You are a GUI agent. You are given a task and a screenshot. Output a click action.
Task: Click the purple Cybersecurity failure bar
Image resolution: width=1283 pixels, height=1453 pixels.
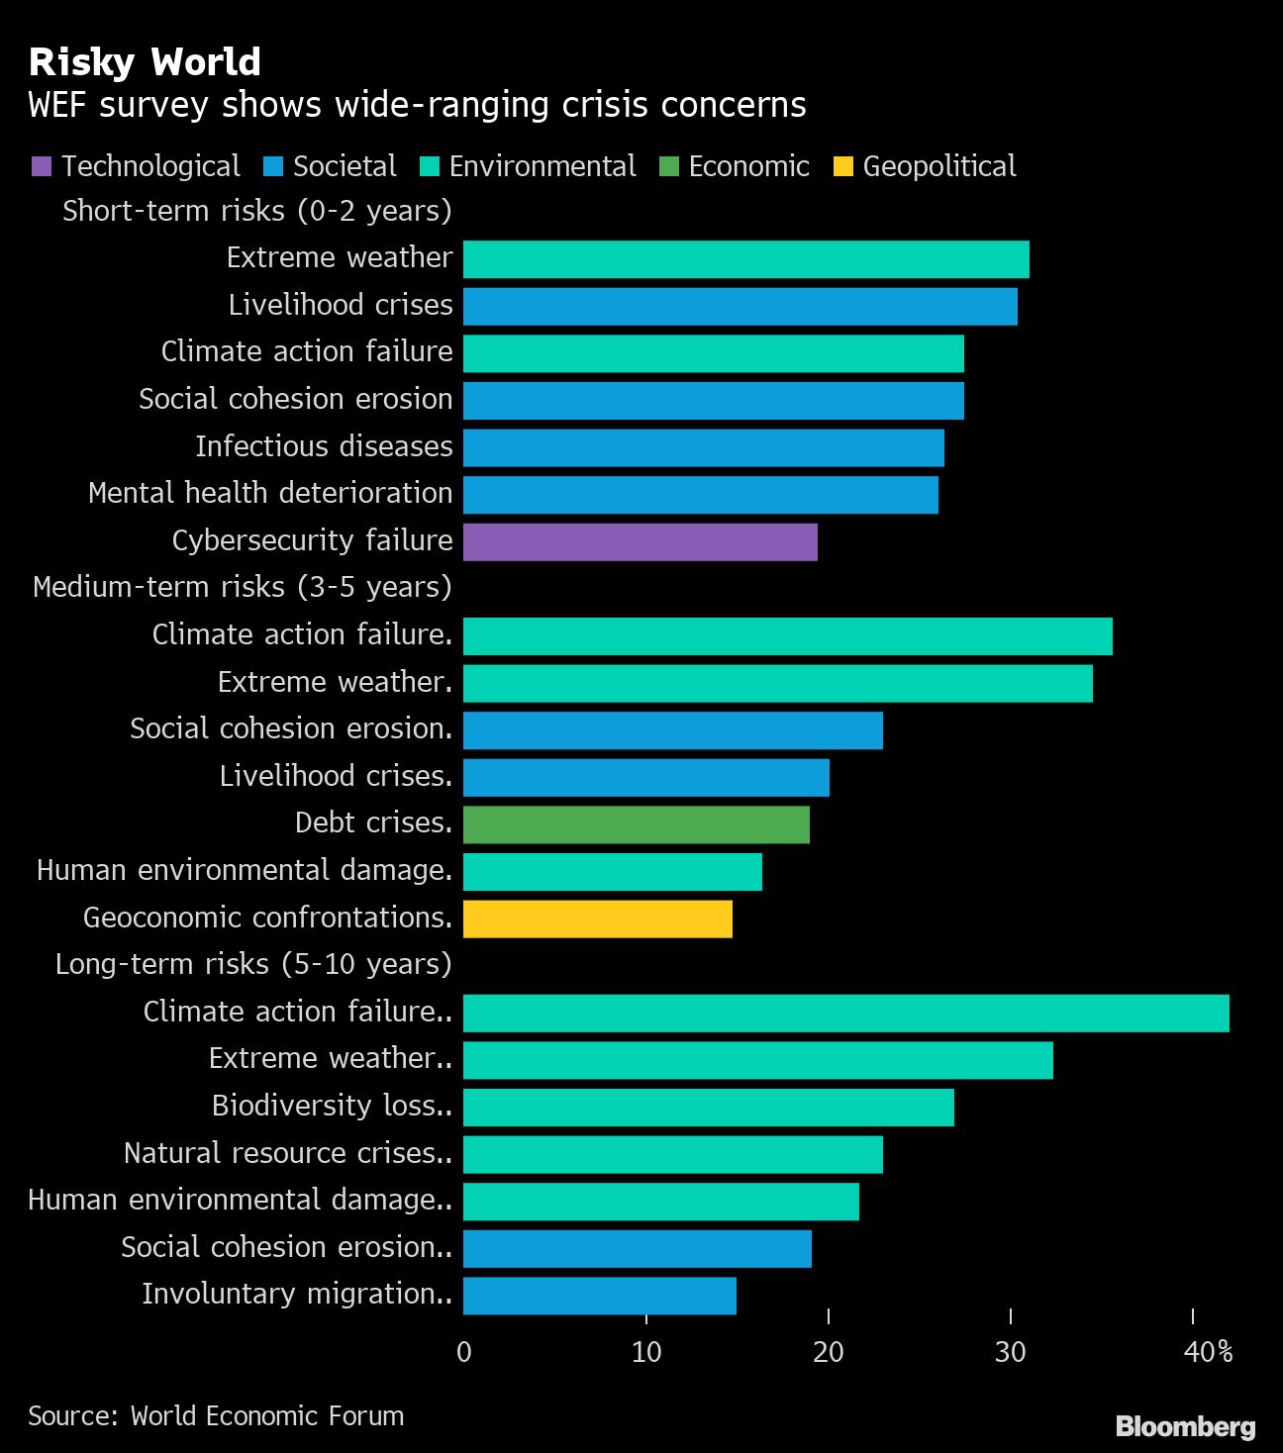pos(640,541)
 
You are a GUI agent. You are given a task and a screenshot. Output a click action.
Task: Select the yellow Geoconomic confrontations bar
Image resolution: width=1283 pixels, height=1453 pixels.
pos(597,919)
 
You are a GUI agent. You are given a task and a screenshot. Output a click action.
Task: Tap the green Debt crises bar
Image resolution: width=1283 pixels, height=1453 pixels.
pos(636,824)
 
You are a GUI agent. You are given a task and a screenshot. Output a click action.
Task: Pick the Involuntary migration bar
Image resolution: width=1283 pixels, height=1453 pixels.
pos(599,1296)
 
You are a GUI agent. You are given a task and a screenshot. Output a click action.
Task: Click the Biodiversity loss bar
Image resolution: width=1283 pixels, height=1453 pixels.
pos(708,1108)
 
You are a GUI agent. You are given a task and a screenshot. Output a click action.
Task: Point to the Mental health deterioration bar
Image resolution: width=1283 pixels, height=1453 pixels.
pos(700,495)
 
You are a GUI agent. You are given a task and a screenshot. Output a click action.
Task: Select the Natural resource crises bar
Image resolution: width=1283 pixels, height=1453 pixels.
pos(672,1154)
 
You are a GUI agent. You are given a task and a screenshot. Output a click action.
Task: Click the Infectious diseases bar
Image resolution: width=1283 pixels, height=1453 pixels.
pos(703,447)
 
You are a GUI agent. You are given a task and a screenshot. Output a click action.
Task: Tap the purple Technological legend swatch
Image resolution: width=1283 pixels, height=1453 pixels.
pos(42,166)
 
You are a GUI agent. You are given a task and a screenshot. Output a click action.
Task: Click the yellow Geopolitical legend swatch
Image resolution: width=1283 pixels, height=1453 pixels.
pos(843,166)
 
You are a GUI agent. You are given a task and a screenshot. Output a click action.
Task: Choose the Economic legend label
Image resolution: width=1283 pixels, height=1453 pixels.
pos(748,166)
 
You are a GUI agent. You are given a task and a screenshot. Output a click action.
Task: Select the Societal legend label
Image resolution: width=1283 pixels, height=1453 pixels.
pos(345,166)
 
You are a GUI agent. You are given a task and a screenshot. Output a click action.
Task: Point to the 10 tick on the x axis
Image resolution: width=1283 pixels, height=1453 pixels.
pos(646,1351)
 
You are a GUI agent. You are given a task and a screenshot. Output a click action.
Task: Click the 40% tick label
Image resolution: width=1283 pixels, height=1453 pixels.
pos(1208,1351)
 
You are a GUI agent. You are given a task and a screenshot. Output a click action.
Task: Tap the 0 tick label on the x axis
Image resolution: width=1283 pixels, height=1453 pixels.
pos(464,1351)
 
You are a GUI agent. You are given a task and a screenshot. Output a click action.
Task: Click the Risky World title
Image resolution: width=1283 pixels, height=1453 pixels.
pos(145,62)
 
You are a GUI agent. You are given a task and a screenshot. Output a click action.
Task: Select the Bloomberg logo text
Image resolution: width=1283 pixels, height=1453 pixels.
pos(1185,1426)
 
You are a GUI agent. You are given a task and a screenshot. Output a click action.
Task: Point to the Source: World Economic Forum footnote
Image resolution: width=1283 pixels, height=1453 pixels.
pos(216,1416)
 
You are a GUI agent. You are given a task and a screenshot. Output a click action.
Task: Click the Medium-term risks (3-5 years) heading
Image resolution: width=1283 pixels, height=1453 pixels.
pos(243,587)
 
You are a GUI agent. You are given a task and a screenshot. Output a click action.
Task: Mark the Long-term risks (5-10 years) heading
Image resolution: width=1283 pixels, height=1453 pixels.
pos(253,964)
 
